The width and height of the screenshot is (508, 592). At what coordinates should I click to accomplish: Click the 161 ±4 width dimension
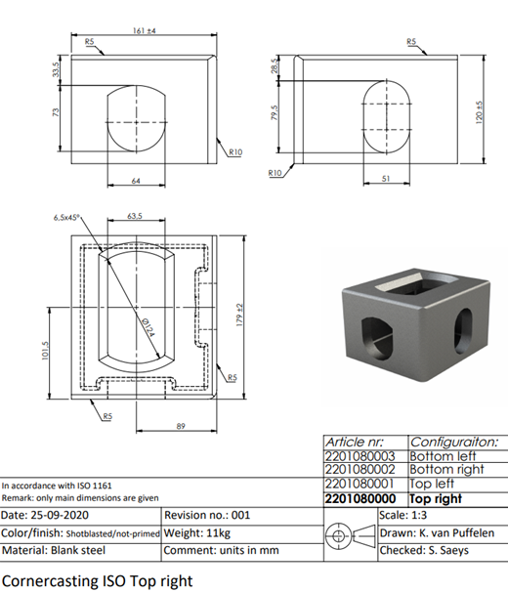145,30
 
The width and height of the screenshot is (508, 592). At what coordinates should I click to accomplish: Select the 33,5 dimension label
56,69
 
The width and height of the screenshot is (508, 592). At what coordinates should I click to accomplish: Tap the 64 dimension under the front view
136,181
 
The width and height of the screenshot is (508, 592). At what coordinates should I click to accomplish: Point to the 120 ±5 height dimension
480,112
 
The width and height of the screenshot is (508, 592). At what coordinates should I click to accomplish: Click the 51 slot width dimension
386,178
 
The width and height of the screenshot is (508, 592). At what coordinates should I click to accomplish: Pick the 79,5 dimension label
275,112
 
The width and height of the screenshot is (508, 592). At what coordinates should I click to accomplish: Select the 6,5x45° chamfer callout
66,218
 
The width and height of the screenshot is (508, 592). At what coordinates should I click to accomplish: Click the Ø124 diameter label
148,327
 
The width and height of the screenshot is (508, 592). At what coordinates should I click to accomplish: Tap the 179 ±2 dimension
240,315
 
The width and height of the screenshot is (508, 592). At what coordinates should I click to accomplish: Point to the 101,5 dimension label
45,351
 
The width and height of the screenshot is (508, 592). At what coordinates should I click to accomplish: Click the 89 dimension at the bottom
181,426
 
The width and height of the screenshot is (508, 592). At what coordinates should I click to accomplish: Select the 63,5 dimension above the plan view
135,216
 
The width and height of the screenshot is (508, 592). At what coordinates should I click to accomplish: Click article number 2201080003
360,456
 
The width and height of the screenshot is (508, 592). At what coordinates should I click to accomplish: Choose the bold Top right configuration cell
436,499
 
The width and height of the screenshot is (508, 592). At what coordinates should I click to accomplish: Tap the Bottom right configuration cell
446,470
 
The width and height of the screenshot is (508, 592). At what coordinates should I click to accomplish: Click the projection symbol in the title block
351,535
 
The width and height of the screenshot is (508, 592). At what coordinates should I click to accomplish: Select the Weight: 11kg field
197,533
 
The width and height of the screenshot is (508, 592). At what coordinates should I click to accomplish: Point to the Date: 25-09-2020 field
45,516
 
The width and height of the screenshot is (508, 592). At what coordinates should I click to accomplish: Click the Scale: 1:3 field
403,515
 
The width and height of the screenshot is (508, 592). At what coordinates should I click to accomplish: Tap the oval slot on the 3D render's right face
463,331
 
